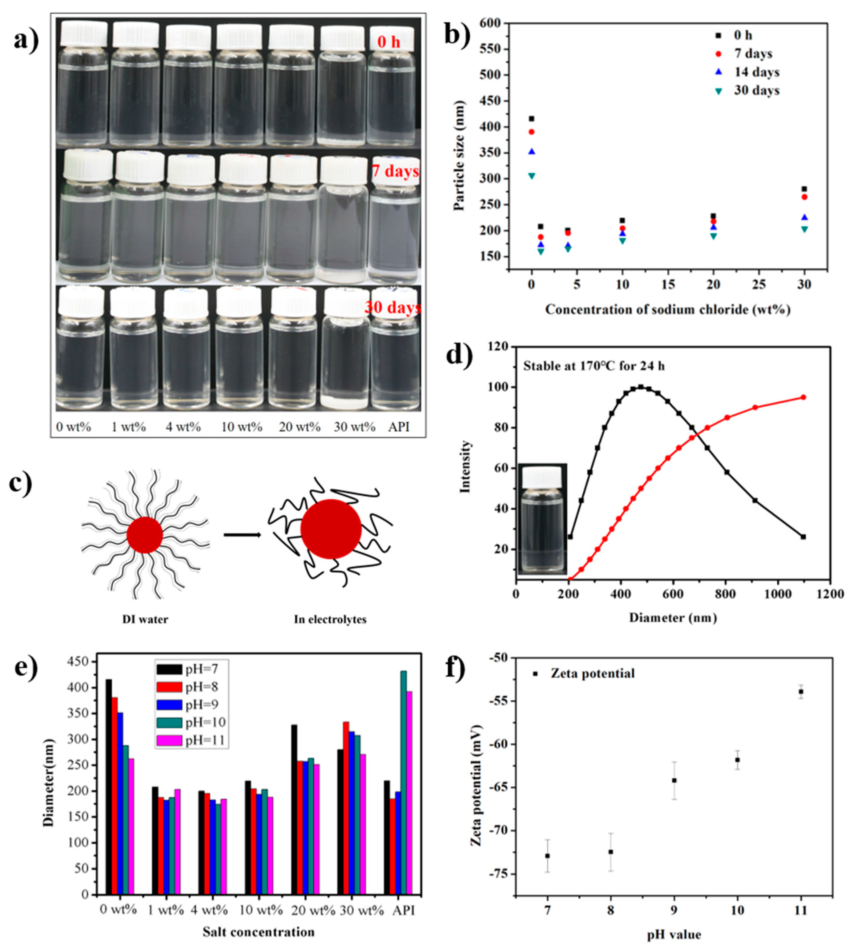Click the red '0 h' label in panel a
(x=389, y=42)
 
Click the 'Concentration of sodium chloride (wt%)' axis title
(x=667, y=310)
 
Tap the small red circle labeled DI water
(x=144, y=535)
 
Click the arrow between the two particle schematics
(x=242, y=535)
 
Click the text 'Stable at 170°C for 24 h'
(x=594, y=366)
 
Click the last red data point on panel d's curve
(x=803, y=397)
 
